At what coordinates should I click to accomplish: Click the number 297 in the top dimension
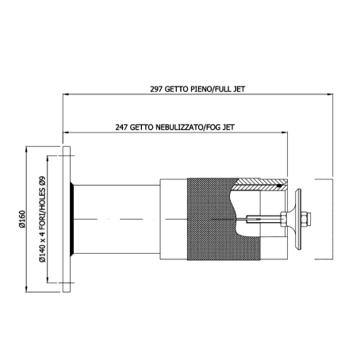(156, 89)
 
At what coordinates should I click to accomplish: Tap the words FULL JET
(229, 89)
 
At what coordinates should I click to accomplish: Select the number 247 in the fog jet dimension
(121, 128)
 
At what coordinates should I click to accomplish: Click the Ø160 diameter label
(21, 219)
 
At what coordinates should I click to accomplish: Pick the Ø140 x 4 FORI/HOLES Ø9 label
(42, 219)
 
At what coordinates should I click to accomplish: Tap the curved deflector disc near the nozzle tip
(298, 219)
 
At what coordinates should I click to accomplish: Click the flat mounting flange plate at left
(67, 219)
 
